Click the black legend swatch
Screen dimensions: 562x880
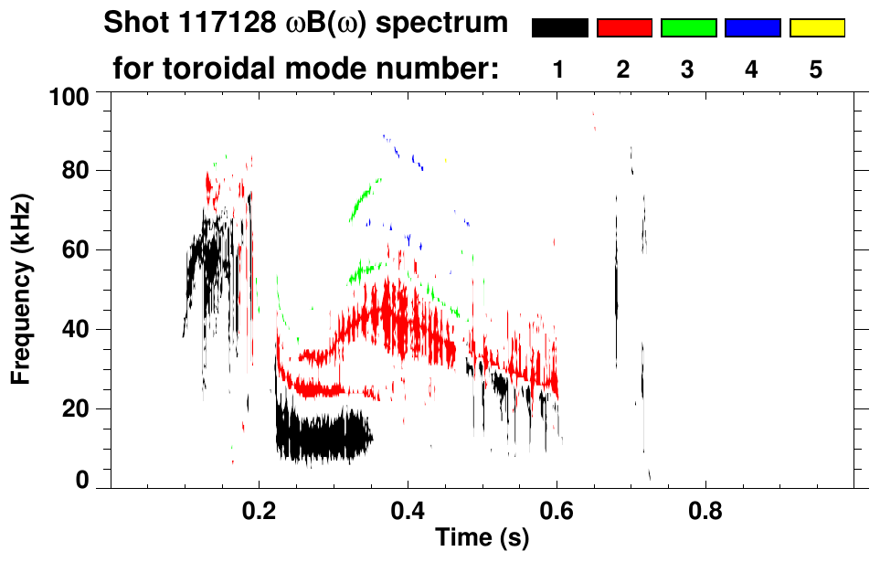559,28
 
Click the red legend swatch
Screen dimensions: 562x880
624,28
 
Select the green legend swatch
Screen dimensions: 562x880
688,28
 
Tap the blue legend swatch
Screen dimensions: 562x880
752,28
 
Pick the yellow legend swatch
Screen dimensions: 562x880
816,28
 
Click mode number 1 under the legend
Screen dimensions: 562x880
559,69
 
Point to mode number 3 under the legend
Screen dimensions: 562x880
688,69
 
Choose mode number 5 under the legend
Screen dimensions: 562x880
816,69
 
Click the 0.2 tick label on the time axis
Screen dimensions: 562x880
259,513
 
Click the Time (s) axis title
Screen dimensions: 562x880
482,538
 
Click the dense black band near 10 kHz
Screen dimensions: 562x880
320,437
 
